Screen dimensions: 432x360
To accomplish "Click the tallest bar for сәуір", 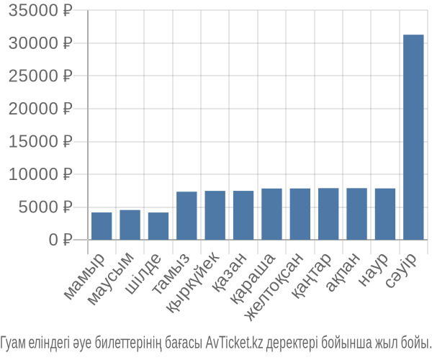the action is click(413, 138).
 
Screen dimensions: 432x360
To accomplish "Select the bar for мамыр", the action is click(102, 226).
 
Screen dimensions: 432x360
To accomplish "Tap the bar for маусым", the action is click(130, 225).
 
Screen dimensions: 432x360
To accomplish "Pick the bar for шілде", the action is click(158, 226).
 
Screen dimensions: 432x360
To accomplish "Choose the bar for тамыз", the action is click(186, 216).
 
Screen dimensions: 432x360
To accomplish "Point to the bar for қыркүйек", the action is click(215, 215).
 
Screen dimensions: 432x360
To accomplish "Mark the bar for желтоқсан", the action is click(300, 214).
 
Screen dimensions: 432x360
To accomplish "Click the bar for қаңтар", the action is click(328, 214).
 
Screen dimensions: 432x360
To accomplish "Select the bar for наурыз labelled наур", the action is click(385, 214).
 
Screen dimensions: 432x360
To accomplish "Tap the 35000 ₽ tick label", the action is click(40, 11).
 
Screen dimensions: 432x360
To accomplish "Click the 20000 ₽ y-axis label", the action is click(40, 109).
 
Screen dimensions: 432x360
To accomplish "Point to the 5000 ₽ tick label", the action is click(45, 207).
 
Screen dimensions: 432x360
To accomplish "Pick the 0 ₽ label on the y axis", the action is click(60, 240).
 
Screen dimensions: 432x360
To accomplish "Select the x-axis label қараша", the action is click(253, 278).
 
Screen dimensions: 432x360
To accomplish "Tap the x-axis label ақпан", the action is click(343, 272).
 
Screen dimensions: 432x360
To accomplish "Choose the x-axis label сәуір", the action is click(400, 270).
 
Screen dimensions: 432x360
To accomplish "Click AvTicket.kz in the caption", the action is click(234, 343).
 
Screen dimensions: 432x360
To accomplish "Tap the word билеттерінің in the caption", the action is click(128, 343).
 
